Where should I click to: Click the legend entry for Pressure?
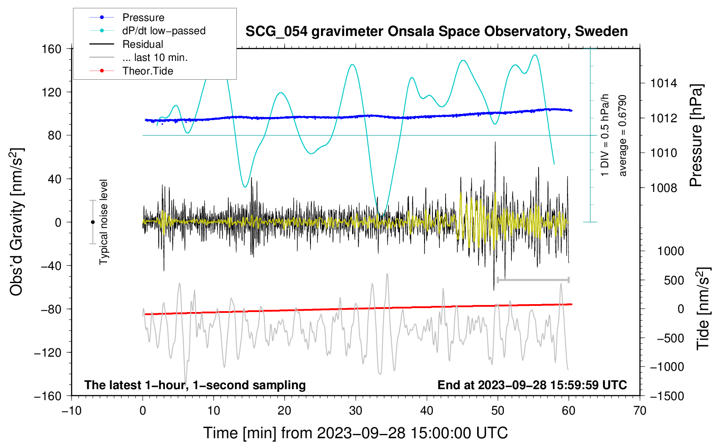pos(127,17)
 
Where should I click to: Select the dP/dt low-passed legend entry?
pos(147,31)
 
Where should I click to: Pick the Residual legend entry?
pos(126,44)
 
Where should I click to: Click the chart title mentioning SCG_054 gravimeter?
pos(436,32)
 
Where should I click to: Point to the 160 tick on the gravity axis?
pos(52,49)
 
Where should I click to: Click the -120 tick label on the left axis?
pos(48,352)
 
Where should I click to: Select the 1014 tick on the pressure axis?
pos(664,84)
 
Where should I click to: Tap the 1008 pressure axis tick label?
pos(664,188)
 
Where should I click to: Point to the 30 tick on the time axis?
pos(356,411)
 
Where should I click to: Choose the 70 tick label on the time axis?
pos(639,411)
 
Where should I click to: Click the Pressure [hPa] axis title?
pos(696,135)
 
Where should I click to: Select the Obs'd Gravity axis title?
pos(16,222)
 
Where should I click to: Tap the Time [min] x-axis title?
pos(356,433)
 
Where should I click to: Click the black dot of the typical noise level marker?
pos(93,222)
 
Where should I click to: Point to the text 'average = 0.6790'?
pos(622,136)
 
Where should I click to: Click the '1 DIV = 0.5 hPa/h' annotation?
pos(604,135)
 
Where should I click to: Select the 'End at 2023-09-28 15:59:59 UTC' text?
pos(532,385)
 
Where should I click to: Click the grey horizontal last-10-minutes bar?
pos(533,280)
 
